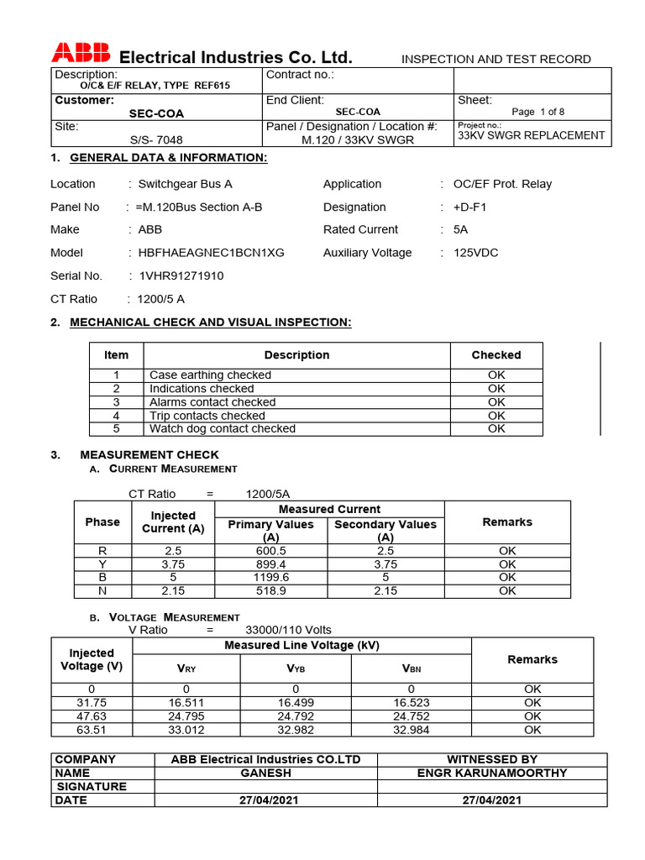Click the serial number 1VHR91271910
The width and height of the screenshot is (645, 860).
click(176, 275)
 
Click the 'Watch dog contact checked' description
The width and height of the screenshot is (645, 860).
click(223, 429)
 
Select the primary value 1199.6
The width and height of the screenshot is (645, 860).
click(271, 578)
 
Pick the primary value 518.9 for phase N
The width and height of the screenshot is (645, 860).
click(271, 591)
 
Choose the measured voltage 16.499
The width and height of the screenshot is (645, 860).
click(296, 703)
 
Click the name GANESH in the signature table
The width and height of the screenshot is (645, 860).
click(265, 773)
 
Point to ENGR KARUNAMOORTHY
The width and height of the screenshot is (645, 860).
click(492, 773)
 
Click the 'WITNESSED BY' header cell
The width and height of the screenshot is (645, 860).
click(492, 759)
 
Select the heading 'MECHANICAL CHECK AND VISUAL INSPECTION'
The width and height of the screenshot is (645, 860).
click(210, 322)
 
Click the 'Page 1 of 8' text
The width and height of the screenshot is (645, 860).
click(537, 112)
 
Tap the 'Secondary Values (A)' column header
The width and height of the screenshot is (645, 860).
click(385, 530)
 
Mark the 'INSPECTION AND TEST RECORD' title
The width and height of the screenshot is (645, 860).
click(496, 59)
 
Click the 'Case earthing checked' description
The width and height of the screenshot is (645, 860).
click(210, 375)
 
